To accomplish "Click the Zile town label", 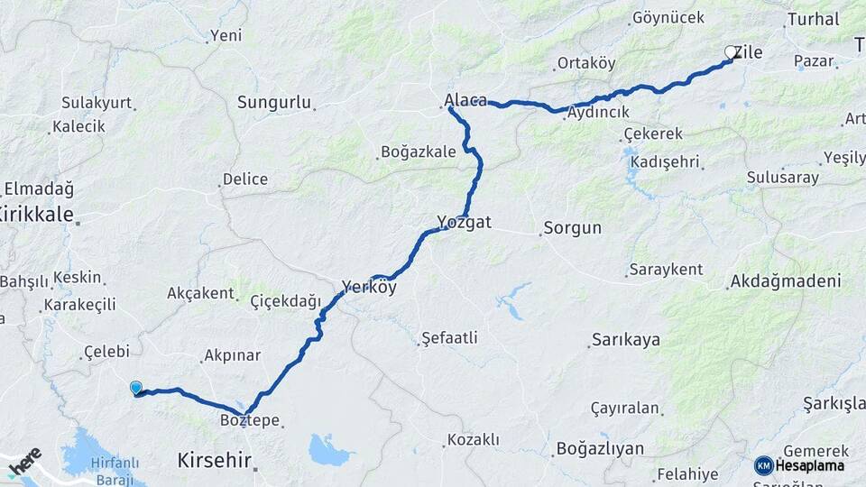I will [749, 52].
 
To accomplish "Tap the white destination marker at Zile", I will [731, 52].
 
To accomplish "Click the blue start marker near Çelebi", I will [136, 388].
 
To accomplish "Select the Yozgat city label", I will [464, 222].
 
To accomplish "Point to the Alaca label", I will [465, 100].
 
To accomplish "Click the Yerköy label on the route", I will [369, 289].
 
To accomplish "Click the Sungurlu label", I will [274, 103].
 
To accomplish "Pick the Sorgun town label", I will [572, 227].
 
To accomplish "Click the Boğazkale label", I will [419, 152].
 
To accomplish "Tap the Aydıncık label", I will [598, 113].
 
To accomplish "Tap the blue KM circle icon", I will [764, 465].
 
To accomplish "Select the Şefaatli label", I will [449, 338].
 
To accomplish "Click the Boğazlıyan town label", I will [600, 448].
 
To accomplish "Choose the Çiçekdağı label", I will [285, 301].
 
